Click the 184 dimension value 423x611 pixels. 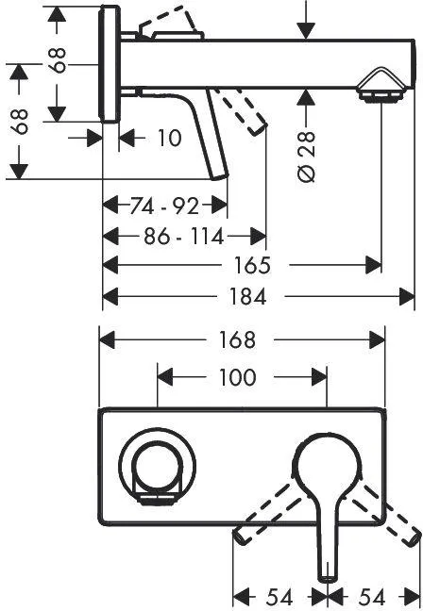[247, 296]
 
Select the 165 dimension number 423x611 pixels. [252, 265]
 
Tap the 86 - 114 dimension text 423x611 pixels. [184, 236]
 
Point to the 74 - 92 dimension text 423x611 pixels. [164, 206]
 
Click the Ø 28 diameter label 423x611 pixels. [307, 156]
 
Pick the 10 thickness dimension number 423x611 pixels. [169, 138]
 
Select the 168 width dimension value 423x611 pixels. [237, 339]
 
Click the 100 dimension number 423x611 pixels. [238, 377]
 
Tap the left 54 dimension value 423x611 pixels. [279, 598]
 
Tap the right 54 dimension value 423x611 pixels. [372, 598]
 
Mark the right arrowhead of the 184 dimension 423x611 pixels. [407, 297]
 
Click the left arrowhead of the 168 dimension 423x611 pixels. [107, 340]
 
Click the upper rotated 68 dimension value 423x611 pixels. [58, 60]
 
